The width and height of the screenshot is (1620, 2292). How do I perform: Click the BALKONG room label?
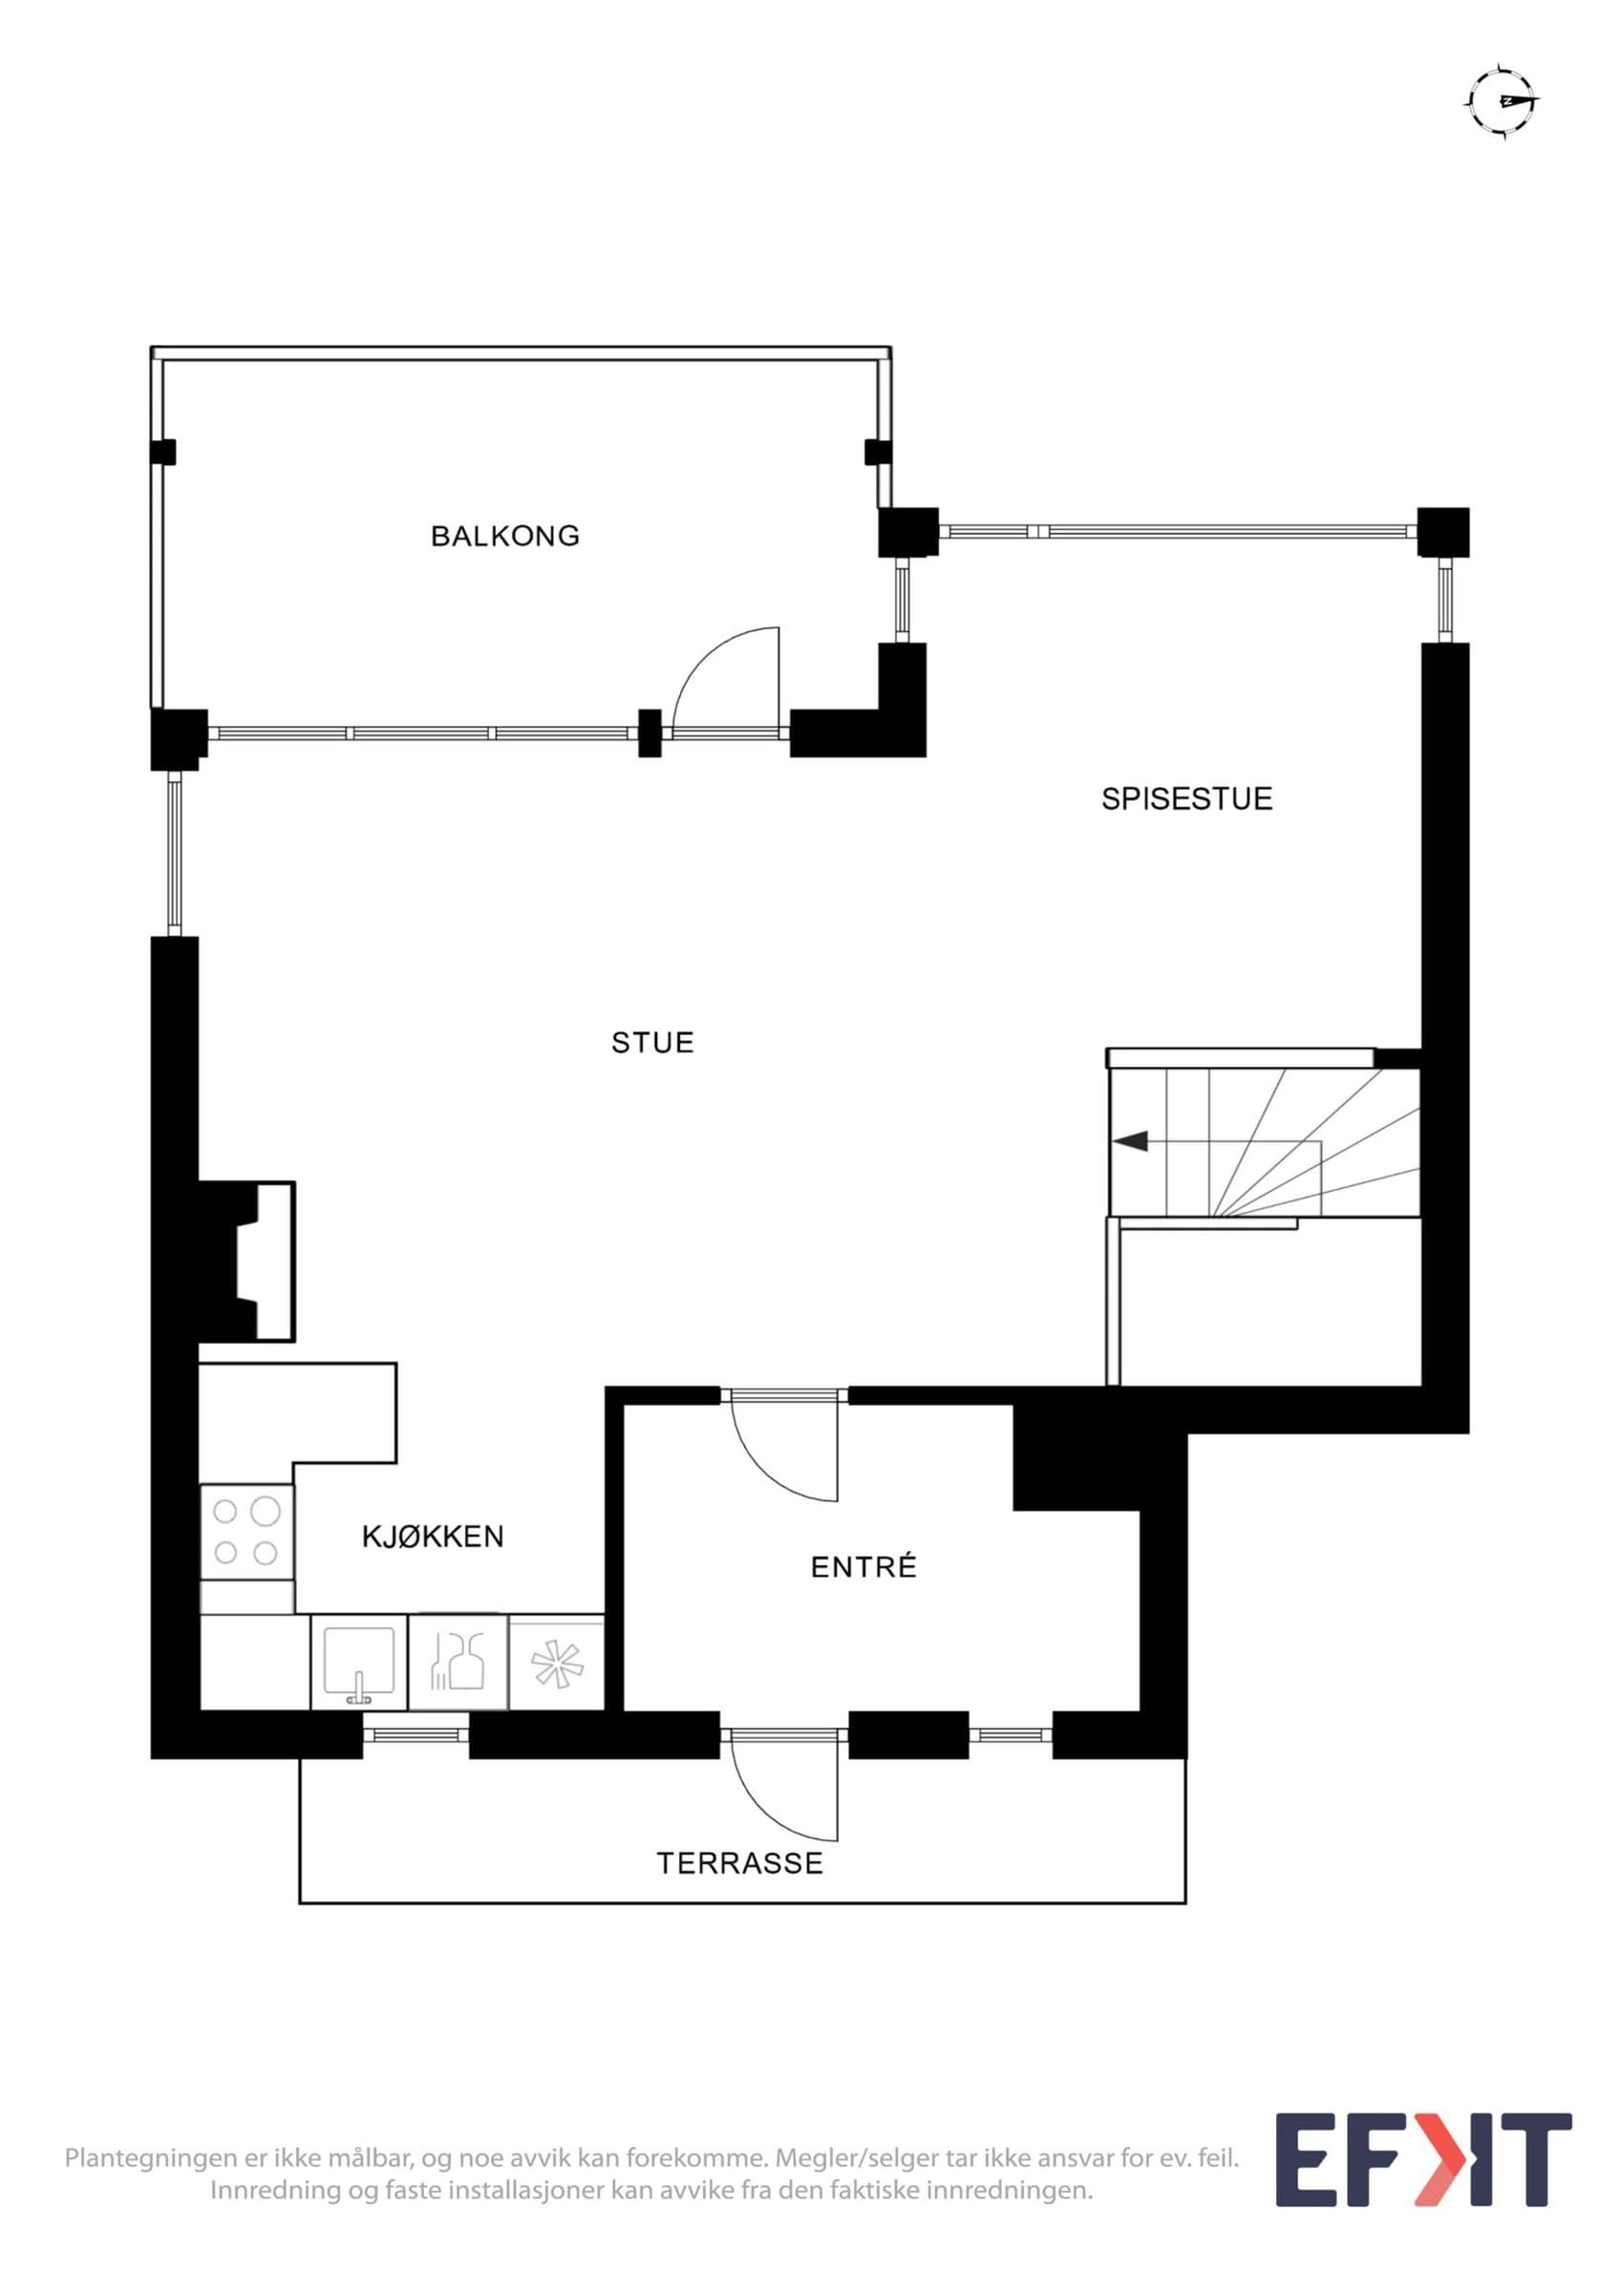(x=504, y=536)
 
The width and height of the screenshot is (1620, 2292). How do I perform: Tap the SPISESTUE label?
(x=1186, y=798)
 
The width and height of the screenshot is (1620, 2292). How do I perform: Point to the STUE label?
(x=651, y=1042)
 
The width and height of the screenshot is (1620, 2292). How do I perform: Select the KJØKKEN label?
(x=432, y=1537)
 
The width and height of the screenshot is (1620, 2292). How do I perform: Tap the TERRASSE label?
(x=739, y=1863)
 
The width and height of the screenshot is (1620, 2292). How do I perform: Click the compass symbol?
(x=1503, y=101)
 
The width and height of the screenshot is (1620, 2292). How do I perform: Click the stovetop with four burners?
(x=246, y=1533)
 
